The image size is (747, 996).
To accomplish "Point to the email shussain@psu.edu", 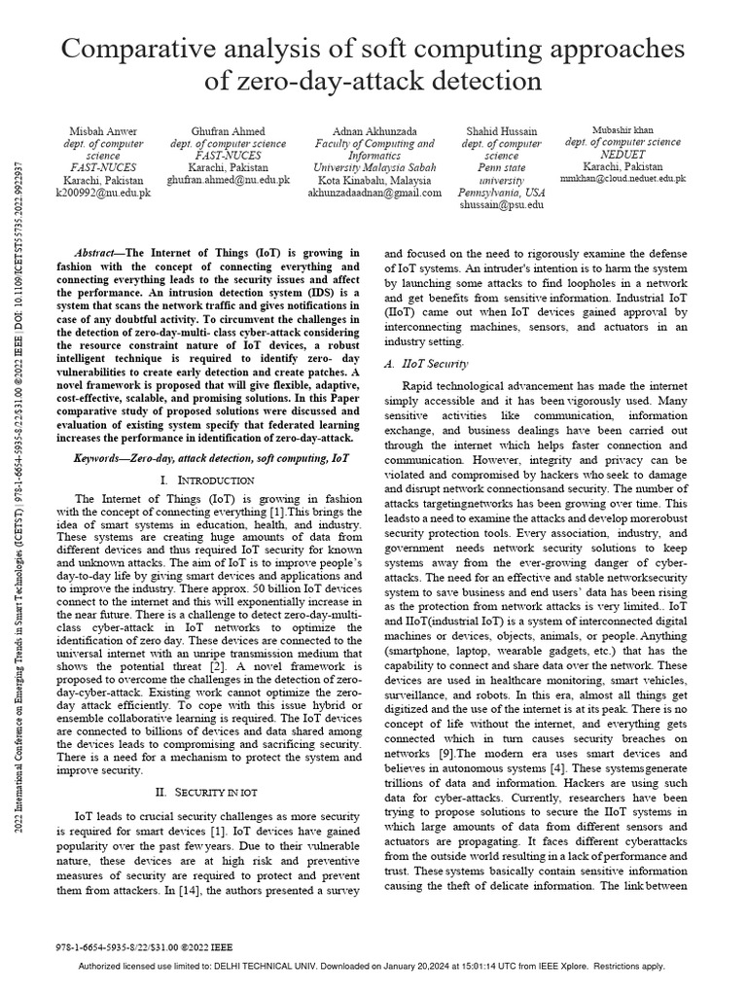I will pyautogui.click(x=502, y=206).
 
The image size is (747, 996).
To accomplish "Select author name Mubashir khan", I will pyautogui.click(x=623, y=129).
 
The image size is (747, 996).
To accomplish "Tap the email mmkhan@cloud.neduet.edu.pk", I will pyautogui.click(x=623, y=180).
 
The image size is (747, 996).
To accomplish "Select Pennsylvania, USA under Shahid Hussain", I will pyautogui.click(x=502, y=194).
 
